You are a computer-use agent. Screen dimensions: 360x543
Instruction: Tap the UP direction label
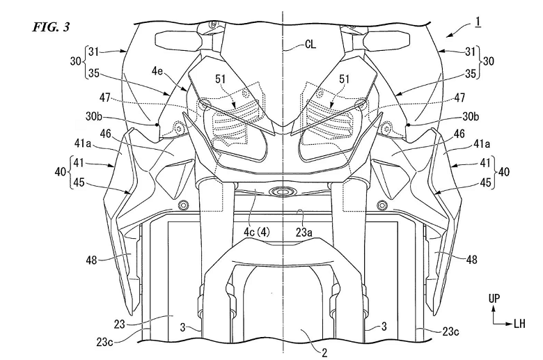click(494, 299)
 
